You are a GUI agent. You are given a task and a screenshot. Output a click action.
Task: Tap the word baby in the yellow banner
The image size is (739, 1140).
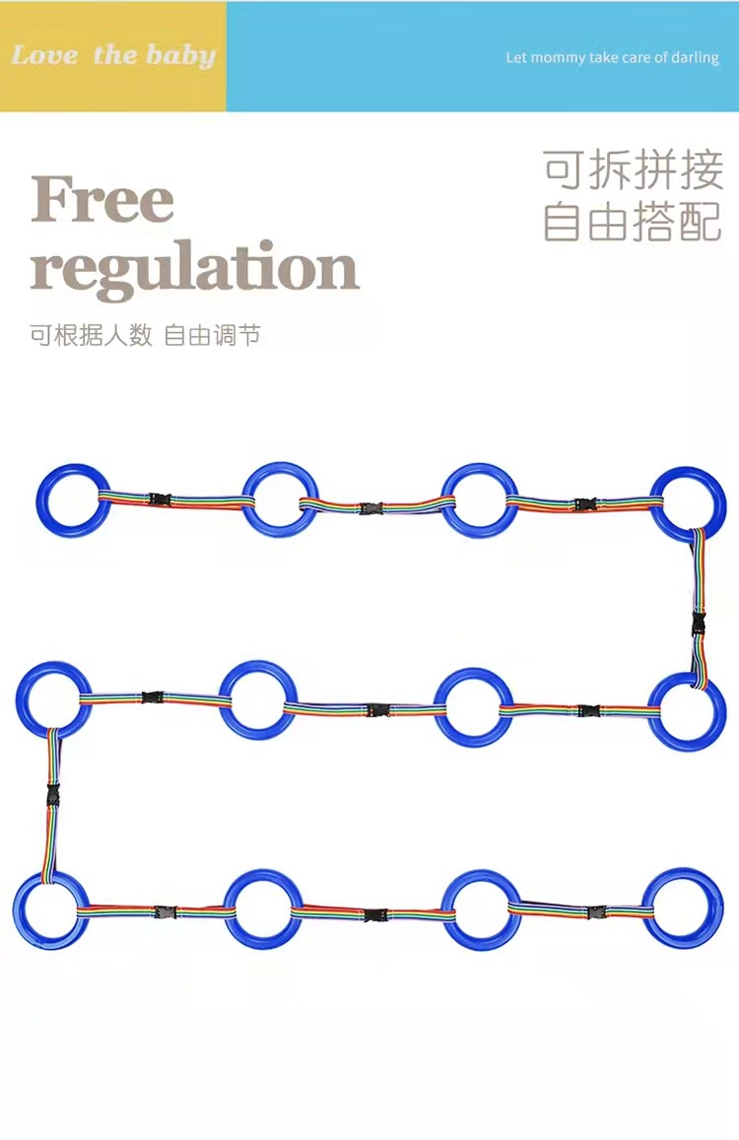tap(180, 55)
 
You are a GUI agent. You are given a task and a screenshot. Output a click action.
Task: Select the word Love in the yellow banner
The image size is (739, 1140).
tap(44, 55)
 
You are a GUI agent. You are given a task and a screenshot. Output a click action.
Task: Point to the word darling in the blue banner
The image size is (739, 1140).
tap(694, 58)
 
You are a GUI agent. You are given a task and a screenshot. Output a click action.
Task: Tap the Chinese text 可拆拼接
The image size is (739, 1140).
tap(633, 169)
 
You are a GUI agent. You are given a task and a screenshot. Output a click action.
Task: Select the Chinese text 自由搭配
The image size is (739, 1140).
tap(633, 223)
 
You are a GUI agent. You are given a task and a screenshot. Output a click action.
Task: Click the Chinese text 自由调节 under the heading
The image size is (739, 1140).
tap(212, 335)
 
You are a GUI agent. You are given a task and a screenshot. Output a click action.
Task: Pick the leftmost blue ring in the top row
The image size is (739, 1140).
tap(74, 498)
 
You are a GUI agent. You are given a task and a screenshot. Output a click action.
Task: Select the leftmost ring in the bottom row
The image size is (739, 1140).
tap(50, 910)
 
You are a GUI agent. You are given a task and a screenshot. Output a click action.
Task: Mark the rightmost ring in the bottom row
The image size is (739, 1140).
tap(683, 907)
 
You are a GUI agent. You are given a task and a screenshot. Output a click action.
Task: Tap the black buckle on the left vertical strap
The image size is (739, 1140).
tap(50, 793)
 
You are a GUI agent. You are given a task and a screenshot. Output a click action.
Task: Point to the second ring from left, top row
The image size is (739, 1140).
tap(281, 499)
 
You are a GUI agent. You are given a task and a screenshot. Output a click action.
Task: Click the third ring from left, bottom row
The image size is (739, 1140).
tap(481, 908)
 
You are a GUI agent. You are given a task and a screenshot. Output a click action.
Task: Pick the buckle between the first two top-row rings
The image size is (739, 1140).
tap(160, 500)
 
